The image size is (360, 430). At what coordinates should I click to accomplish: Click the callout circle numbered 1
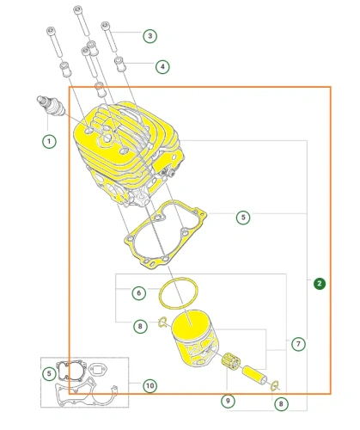(49, 141)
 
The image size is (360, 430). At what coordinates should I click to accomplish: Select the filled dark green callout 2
(320, 284)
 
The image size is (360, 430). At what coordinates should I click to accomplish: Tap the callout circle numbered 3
(149, 36)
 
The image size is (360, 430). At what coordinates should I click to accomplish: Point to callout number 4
(162, 67)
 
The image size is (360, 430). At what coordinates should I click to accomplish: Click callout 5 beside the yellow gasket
(243, 217)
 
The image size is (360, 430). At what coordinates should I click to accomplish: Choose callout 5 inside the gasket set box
(49, 373)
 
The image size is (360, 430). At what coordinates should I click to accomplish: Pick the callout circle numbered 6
(139, 293)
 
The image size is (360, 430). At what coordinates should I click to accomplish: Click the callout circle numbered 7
(298, 344)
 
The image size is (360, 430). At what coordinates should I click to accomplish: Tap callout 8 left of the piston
(140, 326)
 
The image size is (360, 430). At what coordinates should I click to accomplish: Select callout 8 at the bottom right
(281, 404)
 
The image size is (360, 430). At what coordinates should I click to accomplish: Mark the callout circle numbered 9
(228, 401)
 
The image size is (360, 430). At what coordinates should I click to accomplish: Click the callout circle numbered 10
(149, 385)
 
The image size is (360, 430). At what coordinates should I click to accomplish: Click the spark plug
(51, 106)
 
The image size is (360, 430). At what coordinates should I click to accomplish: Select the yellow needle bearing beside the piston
(231, 360)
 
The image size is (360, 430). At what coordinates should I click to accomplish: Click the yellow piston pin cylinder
(254, 374)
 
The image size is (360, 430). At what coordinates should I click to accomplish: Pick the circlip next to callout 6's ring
(162, 322)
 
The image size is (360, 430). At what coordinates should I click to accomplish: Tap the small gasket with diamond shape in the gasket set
(91, 370)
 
